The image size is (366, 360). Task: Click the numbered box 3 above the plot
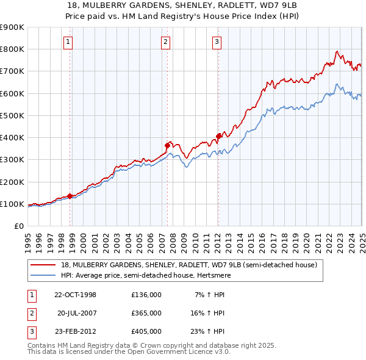tap(217, 42)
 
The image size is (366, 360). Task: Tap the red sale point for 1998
tap(70, 196)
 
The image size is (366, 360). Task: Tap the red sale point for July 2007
tap(167, 145)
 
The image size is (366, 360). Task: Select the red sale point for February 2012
tap(218, 136)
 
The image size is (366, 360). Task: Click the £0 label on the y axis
tap(18, 226)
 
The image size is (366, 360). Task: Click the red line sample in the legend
tap(43, 265)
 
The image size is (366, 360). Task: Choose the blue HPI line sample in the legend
tap(43, 275)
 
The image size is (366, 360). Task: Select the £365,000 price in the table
tap(146, 313)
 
